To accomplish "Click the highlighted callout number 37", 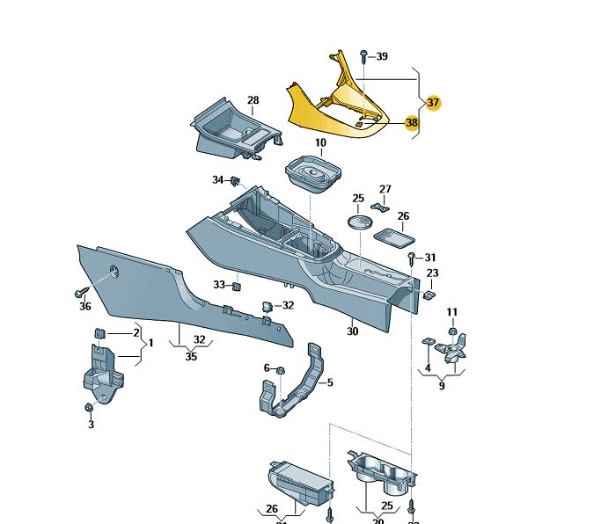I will [x=433, y=103].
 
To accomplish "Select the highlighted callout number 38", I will [x=411, y=124].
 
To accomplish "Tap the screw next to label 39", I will [x=364, y=56].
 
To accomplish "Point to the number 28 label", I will [x=253, y=101].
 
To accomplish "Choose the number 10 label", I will [x=320, y=142].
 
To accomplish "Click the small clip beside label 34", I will [x=236, y=181].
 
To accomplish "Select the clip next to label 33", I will [x=237, y=286].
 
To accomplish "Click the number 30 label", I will [x=353, y=331].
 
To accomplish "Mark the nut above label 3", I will [x=89, y=409].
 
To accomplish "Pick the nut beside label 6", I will [x=280, y=368].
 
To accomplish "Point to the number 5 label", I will [x=329, y=382].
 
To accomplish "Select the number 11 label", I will [x=452, y=312].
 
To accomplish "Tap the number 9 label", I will [x=441, y=384].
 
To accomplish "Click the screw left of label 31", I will [x=412, y=257].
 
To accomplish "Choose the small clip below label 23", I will [x=429, y=295].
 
